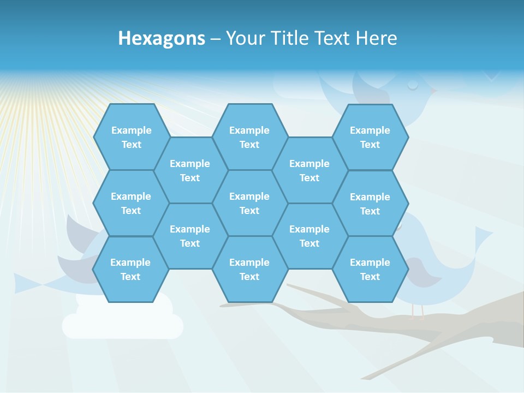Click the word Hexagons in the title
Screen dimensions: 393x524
click(162, 38)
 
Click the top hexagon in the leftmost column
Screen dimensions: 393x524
click(131, 137)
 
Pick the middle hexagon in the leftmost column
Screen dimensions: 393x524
click(131, 203)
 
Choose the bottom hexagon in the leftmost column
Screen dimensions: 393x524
click(130, 269)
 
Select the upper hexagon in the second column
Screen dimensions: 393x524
click(190, 170)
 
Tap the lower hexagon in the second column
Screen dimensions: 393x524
click(190, 236)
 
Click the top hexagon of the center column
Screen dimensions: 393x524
click(249, 137)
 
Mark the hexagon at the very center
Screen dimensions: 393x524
click(249, 203)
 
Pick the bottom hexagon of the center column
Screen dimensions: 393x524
click(249, 269)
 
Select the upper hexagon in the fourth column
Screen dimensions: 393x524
click(309, 170)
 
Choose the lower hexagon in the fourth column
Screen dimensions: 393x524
click(309, 236)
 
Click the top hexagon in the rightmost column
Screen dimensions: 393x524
click(370, 137)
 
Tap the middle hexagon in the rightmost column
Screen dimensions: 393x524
click(370, 204)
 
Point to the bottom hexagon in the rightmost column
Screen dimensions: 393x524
click(370, 269)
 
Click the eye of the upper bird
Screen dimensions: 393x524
click(413, 85)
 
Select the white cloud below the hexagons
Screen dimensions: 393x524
click(123, 322)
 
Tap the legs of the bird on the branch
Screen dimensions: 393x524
click(418, 312)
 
